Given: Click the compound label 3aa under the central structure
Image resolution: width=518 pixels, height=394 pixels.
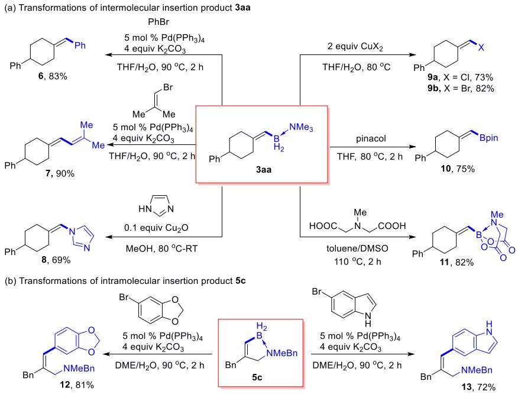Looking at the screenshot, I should (260, 168).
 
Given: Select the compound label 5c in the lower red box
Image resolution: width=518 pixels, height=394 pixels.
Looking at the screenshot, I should (261, 373).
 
